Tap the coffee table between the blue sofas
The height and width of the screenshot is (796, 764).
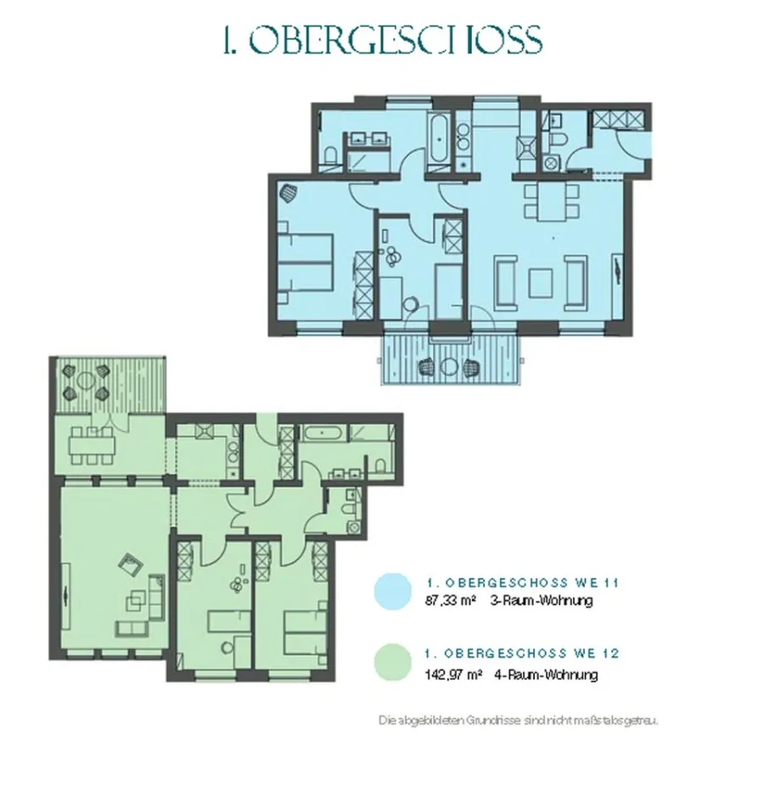point(540,283)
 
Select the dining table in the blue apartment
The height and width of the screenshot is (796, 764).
point(551,201)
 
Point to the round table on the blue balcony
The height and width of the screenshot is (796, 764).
point(448,367)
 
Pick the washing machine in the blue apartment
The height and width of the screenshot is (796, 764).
point(549,164)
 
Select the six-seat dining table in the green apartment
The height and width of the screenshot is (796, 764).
point(92,446)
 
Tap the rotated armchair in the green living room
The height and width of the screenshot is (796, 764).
point(131,564)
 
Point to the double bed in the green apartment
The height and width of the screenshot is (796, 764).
point(306,634)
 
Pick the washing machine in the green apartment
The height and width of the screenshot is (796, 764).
point(354,527)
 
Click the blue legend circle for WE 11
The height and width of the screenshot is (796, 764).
point(392,591)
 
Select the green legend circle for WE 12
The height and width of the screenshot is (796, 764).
point(392,663)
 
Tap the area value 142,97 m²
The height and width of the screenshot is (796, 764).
point(453,675)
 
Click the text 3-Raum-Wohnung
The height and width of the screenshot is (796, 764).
point(542,601)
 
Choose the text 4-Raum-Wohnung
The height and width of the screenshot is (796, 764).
point(546,675)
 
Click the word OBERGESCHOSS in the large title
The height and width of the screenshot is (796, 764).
point(396,39)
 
